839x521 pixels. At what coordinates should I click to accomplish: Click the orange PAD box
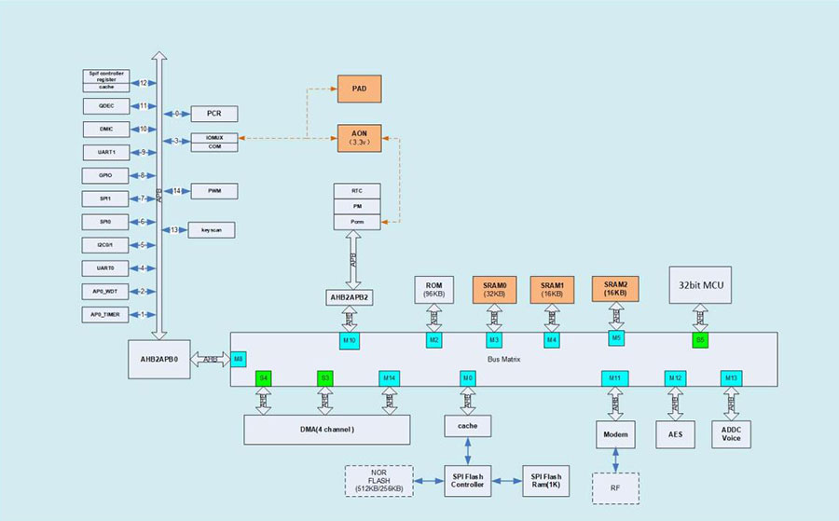[x=359, y=89]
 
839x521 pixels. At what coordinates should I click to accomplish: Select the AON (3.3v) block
[x=359, y=139]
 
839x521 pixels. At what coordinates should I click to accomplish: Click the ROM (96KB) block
[x=433, y=289]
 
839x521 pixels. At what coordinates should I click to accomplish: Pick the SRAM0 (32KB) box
[x=494, y=289]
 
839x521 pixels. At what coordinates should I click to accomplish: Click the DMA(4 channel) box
[x=327, y=429]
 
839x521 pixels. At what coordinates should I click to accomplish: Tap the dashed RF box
[x=615, y=487]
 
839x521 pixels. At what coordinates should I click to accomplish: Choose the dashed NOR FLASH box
[x=379, y=482]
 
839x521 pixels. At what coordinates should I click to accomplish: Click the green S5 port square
[x=700, y=340]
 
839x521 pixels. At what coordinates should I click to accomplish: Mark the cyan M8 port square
[x=239, y=359]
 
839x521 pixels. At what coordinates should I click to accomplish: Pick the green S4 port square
[x=264, y=378]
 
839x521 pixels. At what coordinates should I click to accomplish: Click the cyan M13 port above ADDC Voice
[x=731, y=378]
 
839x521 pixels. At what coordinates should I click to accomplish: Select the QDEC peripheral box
[x=106, y=106]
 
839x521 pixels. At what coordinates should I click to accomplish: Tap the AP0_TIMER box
[x=106, y=314]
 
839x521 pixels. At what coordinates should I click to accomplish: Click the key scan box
[x=212, y=229]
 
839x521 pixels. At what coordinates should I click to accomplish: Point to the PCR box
[x=213, y=114]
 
